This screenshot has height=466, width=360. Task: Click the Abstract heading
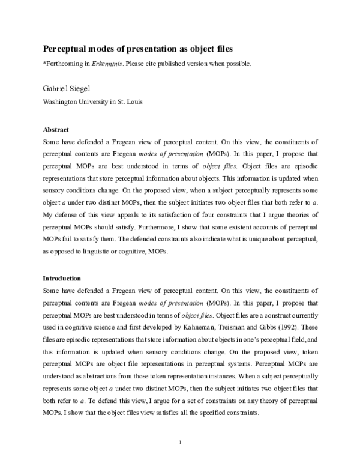point(56,129)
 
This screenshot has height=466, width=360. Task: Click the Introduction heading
point(62,279)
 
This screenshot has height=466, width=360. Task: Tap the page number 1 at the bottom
point(180,444)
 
